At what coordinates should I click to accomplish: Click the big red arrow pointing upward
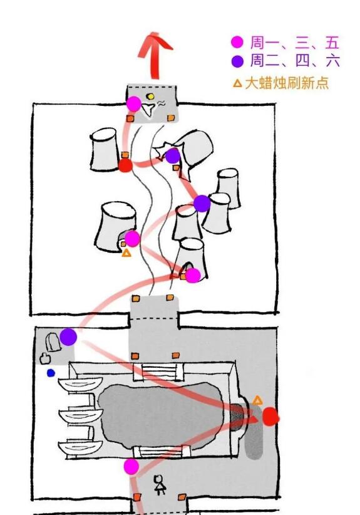tap(154, 56)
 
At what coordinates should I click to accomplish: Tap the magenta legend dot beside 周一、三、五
tap(237, 42)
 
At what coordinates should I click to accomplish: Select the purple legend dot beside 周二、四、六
tap(237, 61)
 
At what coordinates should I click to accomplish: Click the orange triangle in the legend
tap(237, 83)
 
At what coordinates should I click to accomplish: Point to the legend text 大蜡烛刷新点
tap(287, 83)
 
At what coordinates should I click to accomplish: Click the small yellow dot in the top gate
tap(151, 96)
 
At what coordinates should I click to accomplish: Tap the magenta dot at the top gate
tap(134, 104)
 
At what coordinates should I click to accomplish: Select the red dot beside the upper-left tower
tap(125, 165)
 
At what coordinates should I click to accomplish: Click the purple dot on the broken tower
tap(173, 155)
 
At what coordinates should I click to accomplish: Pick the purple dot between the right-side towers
tap(202, 204)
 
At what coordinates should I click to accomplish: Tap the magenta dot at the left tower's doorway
tap(132, 239)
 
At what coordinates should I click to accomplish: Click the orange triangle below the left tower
tap(126, 253)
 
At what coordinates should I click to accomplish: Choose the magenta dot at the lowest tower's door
tap(193, 275)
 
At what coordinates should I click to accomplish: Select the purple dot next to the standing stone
tap(69, 336)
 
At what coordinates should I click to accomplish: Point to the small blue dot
tap(51, 373)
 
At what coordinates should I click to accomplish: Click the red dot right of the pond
tap(270, 417)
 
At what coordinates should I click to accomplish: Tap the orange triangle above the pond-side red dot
tap(257, 400)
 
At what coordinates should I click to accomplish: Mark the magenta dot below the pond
tap(131, 467)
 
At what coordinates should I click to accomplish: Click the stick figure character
tap(160, 485)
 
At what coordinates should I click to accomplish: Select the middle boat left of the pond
tap(80, 416)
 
